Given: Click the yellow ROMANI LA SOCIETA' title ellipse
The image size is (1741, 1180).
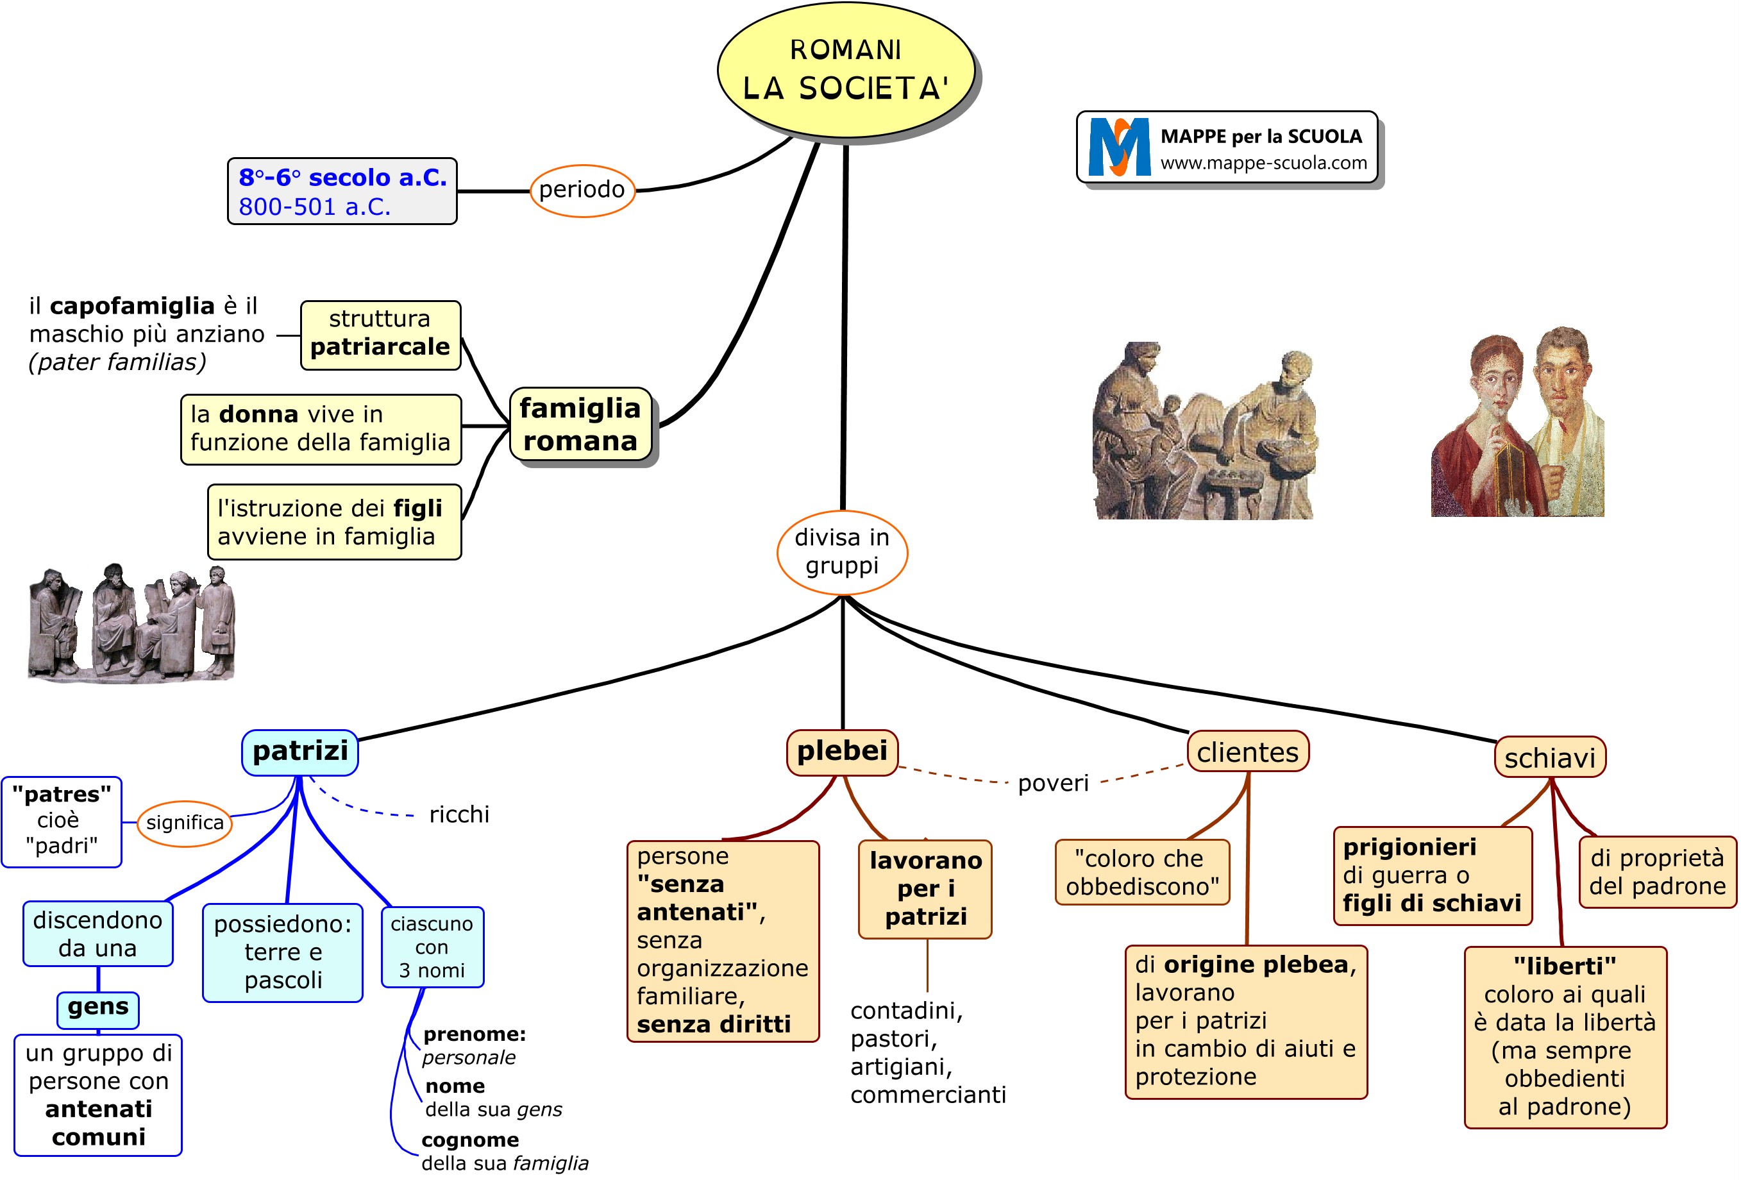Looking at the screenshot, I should tap(845, 70).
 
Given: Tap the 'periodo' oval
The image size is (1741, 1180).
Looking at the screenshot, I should tap(582, 190).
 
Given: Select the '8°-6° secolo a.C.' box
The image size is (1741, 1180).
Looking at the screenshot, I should tap(342, 191).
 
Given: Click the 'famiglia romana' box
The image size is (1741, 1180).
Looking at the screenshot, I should tap(580, 424).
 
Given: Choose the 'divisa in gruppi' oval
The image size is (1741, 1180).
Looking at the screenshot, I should tap(841, 552).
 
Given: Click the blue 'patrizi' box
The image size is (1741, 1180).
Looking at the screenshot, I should tap(299, 752).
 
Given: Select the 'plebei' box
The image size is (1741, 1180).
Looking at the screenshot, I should tap(841, 752).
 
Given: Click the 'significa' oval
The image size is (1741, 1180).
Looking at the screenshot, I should tap(184, 823).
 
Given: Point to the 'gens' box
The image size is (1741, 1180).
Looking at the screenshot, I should tap(97, 1007).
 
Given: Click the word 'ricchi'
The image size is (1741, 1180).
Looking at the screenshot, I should tap(458, 814).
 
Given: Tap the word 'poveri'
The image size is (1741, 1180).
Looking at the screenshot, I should tap(1052, 784).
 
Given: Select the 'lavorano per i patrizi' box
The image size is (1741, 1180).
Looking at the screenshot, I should tap(925, 889).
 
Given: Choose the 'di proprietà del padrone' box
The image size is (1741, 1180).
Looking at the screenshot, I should tap(1656, 872).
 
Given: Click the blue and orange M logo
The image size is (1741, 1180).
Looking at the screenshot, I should tap(1119, 147).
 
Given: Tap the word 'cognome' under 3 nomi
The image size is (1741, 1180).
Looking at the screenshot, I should tap(469, 1140).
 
